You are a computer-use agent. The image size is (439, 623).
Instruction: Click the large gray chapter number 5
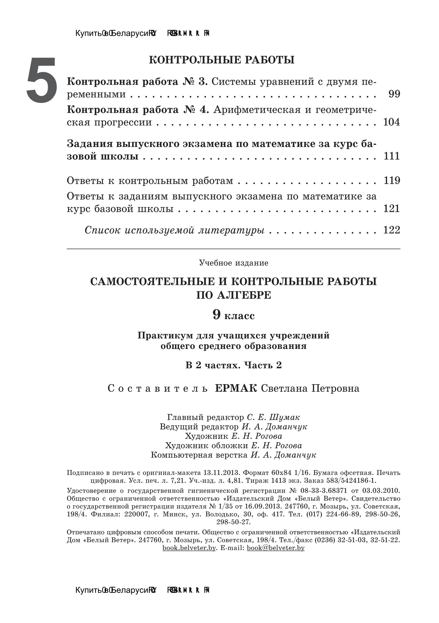[42, 80]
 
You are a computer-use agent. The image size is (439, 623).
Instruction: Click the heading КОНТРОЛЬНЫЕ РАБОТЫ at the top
[222, 60]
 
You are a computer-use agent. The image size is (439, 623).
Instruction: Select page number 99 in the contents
[394, 94]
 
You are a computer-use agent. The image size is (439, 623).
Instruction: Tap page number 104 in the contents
[391, 122]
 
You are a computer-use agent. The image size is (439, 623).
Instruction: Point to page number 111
[392, 156]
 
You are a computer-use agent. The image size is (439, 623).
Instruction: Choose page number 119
[392, 180]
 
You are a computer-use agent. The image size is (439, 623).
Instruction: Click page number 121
[392, 209]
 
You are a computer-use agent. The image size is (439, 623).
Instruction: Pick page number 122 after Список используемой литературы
[392, 230]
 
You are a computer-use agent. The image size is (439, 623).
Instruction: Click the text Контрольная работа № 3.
[137, 81]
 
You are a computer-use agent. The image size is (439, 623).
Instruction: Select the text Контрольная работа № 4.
[138, 110]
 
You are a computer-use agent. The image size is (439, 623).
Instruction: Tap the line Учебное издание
[234, 263]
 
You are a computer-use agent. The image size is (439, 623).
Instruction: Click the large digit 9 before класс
[216, 315]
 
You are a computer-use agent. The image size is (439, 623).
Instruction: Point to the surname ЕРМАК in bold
[236, 389]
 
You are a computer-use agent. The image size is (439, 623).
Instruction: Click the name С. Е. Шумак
[273, 417]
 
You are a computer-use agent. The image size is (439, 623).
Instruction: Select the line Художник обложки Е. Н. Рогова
[234, 446]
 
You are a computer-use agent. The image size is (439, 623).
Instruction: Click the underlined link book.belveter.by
[189, 548]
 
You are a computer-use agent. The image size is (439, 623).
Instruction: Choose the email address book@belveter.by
[276, 548]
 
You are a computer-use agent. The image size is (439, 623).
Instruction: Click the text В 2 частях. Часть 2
[234, 365]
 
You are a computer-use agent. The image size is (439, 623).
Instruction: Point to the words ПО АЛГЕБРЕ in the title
[234, 295]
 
